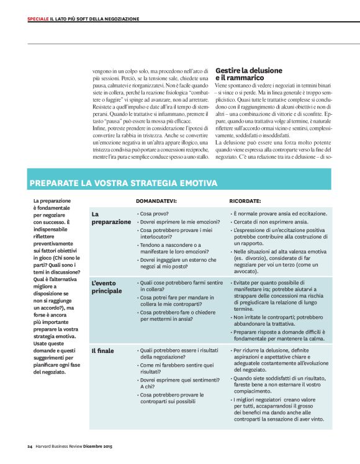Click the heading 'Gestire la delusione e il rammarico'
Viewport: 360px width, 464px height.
(240, 74)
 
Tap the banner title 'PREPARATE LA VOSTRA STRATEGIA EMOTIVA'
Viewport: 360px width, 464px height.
(124, 183)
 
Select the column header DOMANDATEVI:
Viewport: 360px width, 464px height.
(156, 201)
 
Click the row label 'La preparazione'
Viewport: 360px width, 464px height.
(111, 217)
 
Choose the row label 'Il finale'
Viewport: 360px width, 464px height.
(102, 350)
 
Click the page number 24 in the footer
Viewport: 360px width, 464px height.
(29, 446)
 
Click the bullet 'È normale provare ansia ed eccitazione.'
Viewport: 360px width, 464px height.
(279, 213)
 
